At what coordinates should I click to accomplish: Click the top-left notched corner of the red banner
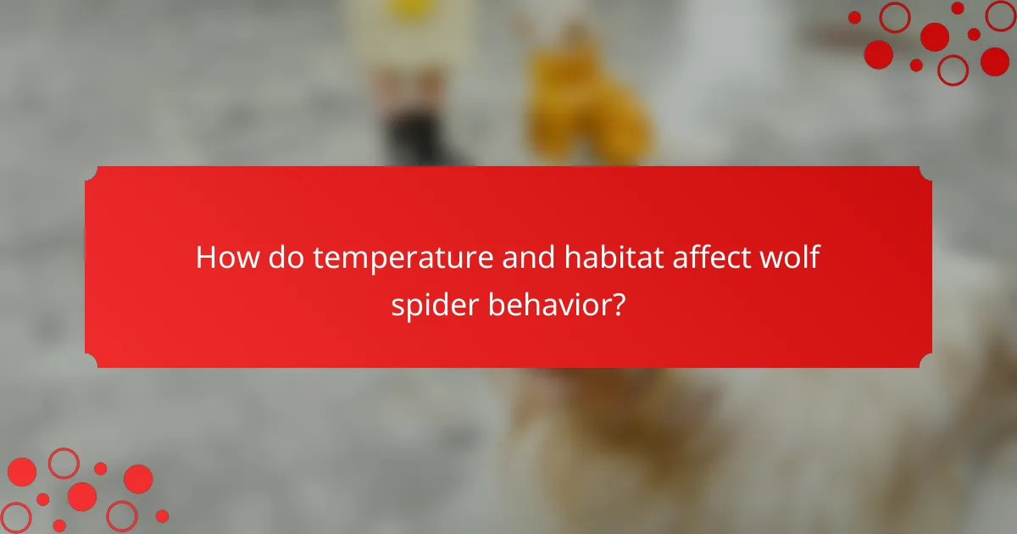pyautogui.click(x=90, y=171)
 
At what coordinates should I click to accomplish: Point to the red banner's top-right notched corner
pyautogui.click(x=927, y=171)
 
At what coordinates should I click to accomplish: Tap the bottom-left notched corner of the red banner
pyautogui.click(x=90, y=363)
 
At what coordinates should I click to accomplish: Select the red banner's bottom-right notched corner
pyautogui.click(x=927, y=363)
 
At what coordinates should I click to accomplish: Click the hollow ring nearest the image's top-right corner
pyautogui.click(x=999, y=16)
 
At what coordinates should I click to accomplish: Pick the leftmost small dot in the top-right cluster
pyautogui.click(x=854, y=17)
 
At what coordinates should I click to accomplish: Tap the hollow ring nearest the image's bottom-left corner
pyautogui.click(x=15, y=518)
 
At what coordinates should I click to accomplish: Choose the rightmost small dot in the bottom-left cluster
pyautogui.click(x=162, y=515)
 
